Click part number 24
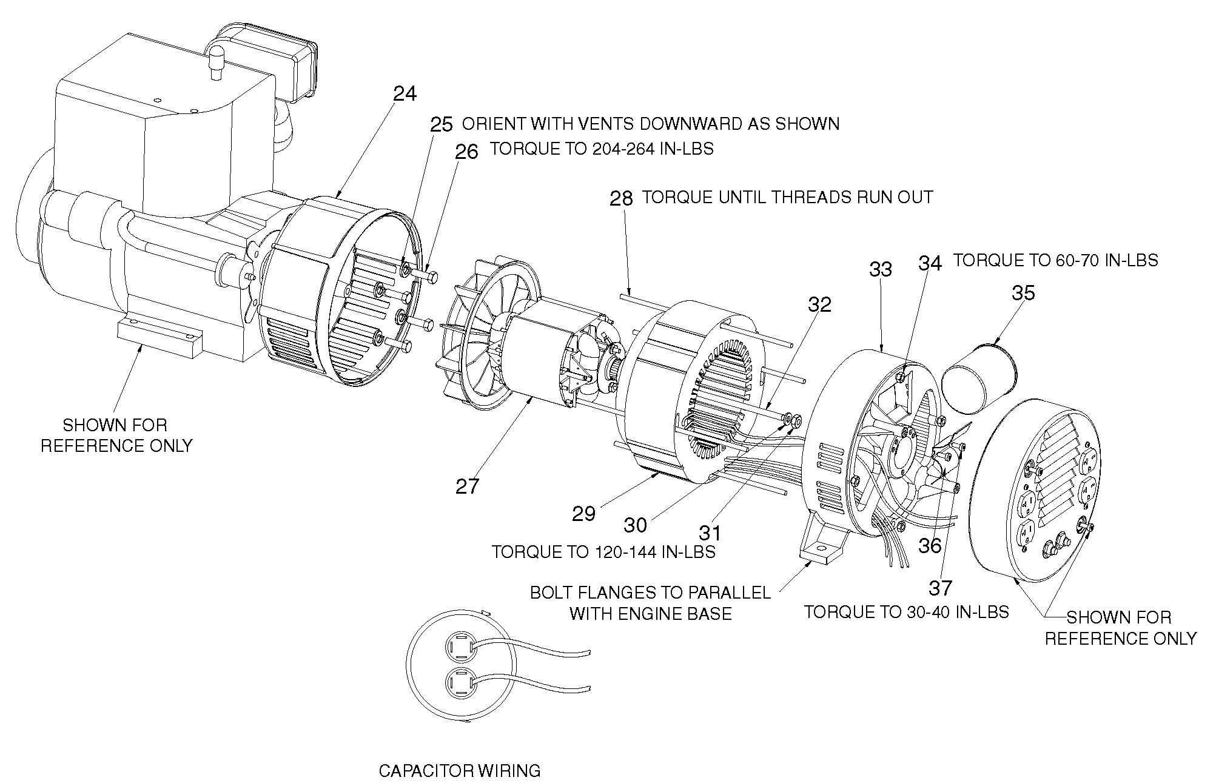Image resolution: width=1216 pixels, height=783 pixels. [x=405, y=94]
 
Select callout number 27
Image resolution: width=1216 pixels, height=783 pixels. [x=467, y=486]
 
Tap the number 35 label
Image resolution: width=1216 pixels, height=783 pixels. [x=1023, y=294]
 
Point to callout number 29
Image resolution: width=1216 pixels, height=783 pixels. [x=584, y=514]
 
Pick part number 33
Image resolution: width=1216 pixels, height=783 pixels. [x=881, y=269]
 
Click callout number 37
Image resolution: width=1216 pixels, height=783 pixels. [x=941, y=588]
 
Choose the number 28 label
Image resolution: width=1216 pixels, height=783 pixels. [x=621, y=199]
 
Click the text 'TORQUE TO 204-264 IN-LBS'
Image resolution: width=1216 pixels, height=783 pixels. [x=602, y=149]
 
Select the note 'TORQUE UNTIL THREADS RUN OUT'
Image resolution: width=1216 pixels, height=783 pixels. [x=787, y=198]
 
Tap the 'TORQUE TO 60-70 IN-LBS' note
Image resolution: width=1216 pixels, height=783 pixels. [x=1055, y=261]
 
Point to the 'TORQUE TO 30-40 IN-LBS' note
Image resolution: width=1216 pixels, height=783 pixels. [x=906, y=612]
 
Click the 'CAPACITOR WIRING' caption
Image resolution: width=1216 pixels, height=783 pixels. [x=459, y=771]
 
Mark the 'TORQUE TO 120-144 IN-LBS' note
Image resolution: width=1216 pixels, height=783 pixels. [x=603, y=553]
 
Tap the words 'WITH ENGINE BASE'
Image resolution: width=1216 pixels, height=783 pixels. [x=651, y=614]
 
